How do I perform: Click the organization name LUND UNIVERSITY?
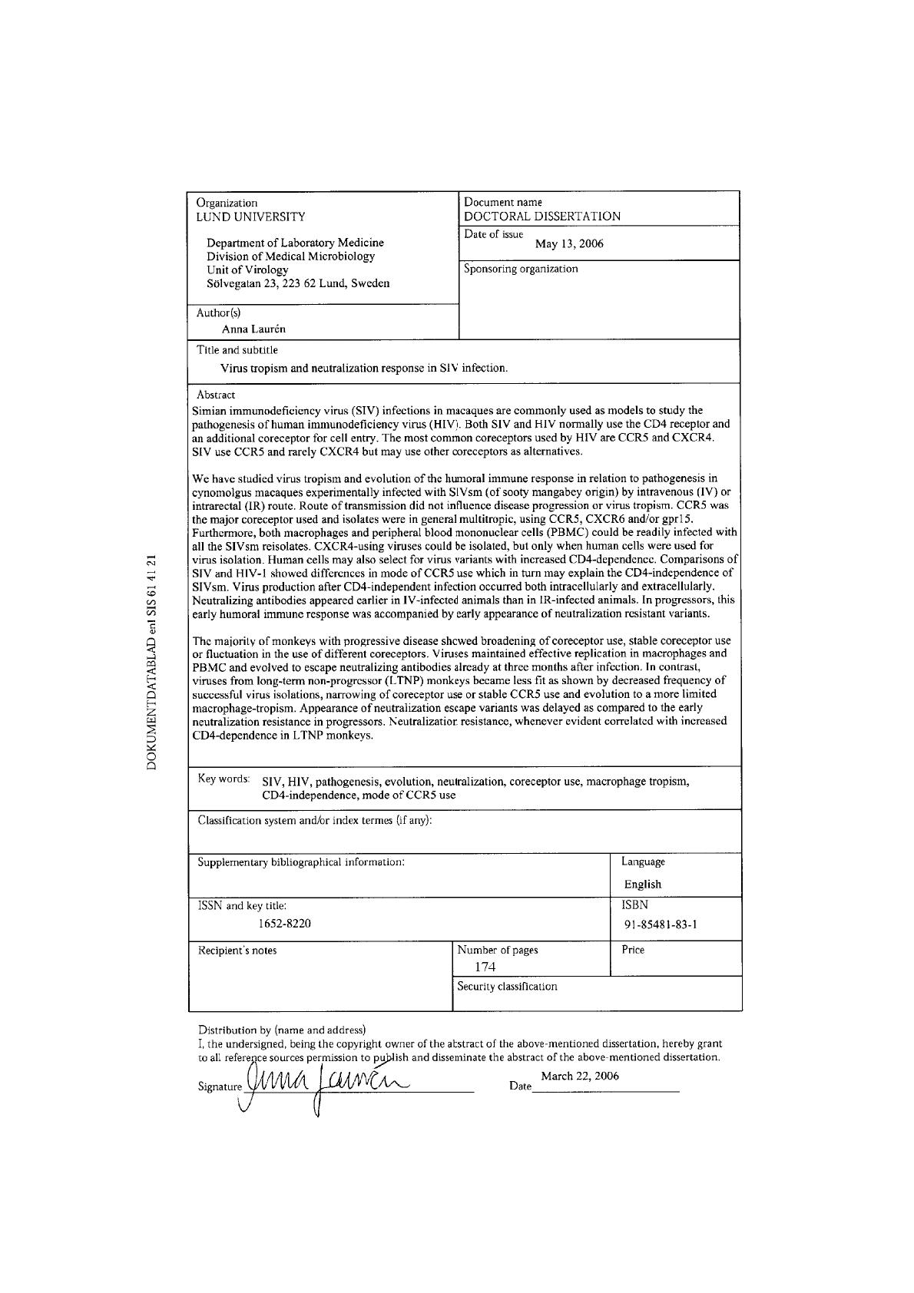(250, 217)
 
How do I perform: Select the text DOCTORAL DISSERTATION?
(542, 217)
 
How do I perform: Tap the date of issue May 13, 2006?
(569, 244)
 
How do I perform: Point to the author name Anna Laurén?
(253, 329)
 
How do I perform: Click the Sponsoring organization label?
(521, 269)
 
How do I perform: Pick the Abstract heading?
(216, 395)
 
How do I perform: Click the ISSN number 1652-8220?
(284, 923)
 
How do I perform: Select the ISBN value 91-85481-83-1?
(661, 924)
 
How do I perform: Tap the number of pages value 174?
(485, 967)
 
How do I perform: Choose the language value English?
(642, 884)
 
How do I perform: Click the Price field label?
(633, 950)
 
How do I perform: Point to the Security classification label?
(507, 986)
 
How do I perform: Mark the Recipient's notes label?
(237, 951)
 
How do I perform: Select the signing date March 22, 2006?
(580, 1076)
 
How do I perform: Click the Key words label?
(224, 779)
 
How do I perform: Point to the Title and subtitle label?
(237, 350)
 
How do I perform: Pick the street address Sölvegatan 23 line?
(298, 283)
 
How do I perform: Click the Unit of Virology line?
(247, 270)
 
